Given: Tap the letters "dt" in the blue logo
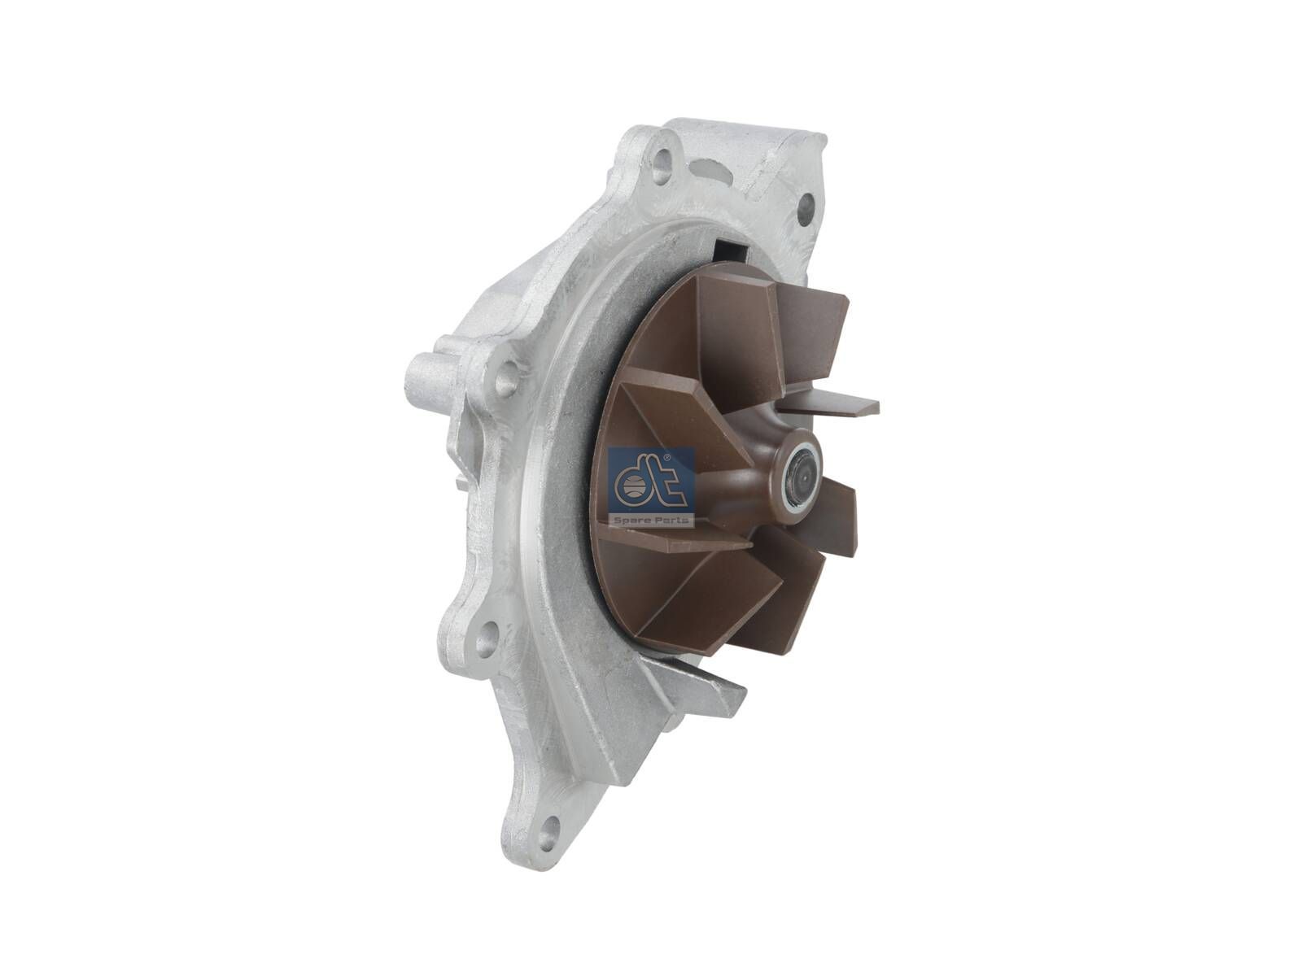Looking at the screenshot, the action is click(x=649, y=481).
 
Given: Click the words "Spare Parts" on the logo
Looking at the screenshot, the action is click(x=652, y=518).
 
